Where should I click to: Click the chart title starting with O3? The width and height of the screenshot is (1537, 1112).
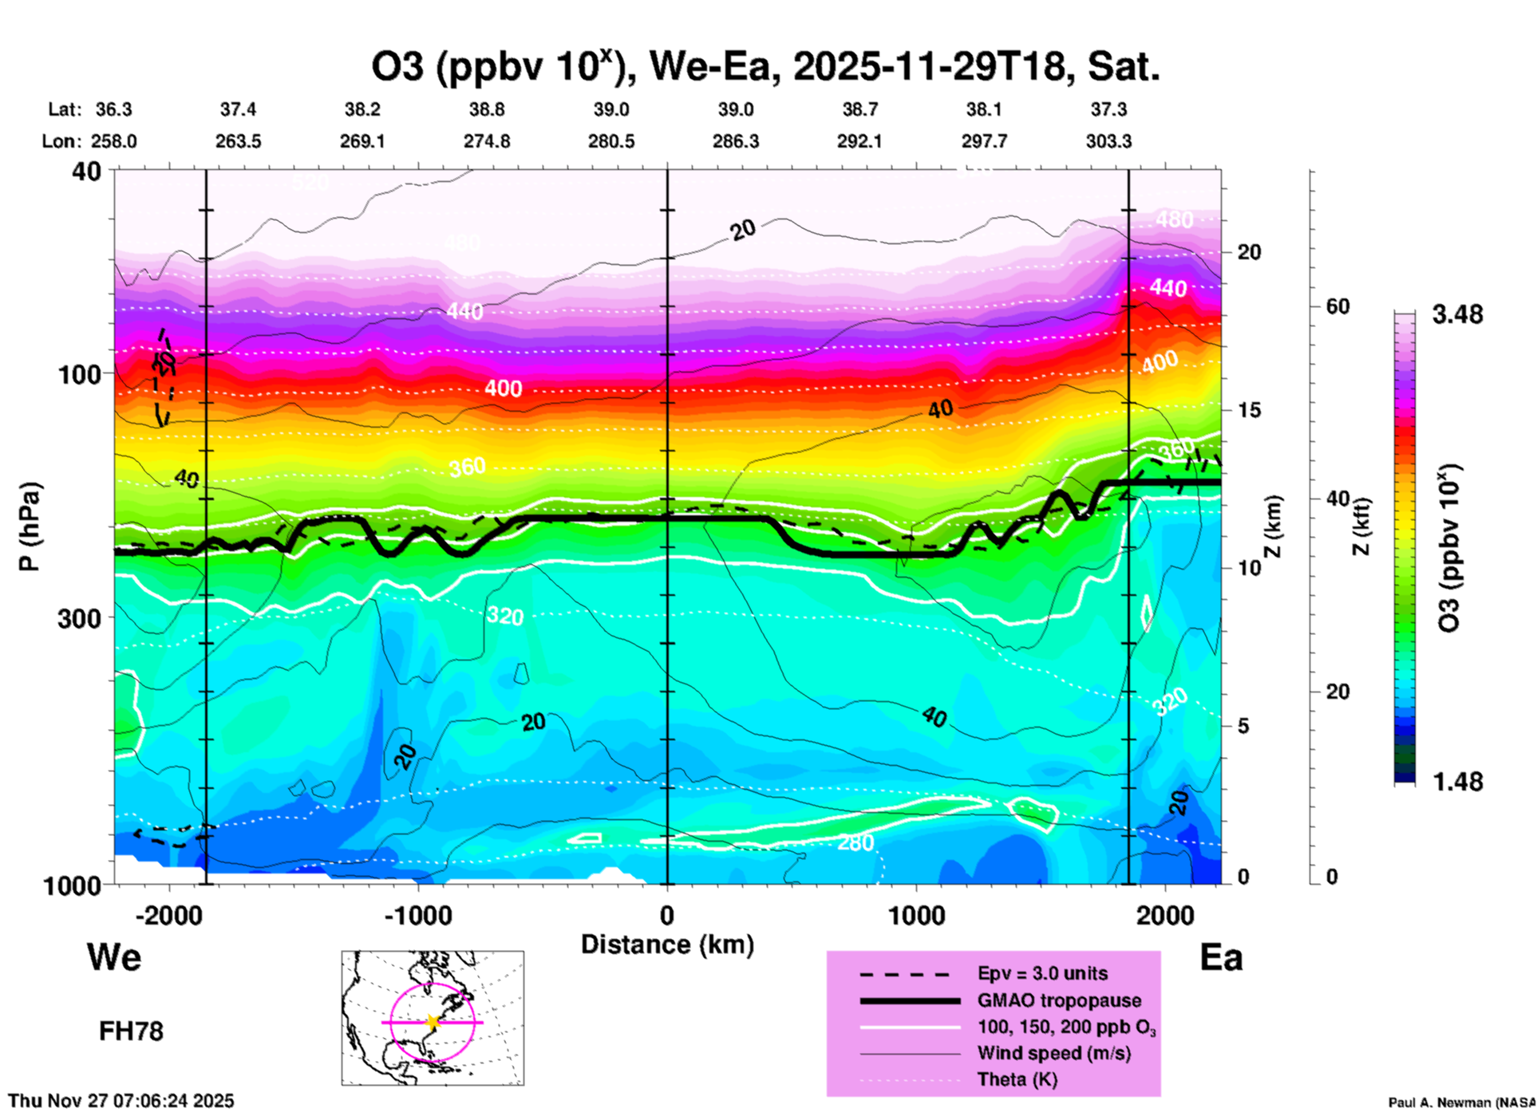(x=765, y=67)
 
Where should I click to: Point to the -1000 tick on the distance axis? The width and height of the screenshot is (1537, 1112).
(x=417, y=916)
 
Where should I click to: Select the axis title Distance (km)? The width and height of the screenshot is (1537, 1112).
(x=667, y=944)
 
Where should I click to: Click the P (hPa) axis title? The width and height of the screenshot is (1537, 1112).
(x=30, y=526)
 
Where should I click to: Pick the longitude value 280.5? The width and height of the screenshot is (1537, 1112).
(x=611, y=142)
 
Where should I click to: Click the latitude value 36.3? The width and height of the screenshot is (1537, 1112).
(x=113, y=109)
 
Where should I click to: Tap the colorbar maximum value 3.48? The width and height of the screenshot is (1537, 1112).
(x=1457, y=315)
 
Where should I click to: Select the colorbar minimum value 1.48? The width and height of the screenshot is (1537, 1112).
(x=1457, y=782)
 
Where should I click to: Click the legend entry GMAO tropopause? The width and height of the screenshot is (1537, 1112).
(x=1059, y=1000)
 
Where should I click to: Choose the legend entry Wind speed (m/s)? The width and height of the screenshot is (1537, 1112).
(x=1053, y=1054)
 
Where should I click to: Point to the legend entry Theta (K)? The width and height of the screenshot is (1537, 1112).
(x=1017, y=1080)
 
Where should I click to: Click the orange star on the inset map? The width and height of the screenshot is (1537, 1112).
(x=433, y=1022)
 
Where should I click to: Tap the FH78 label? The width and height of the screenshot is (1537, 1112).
(x=131, y=1031)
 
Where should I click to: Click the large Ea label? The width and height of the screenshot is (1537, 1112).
(x=1221, y=958)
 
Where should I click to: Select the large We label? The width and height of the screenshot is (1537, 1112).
(x=114, y=957)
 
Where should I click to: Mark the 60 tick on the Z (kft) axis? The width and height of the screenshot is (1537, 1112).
(x=1338, y=307)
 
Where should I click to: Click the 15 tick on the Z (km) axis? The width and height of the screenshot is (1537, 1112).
(x=1249, y=410)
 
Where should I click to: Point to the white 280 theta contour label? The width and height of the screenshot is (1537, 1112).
(x=855, y=842)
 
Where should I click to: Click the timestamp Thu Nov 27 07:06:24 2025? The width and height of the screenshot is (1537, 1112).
(x=121, y=1101)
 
